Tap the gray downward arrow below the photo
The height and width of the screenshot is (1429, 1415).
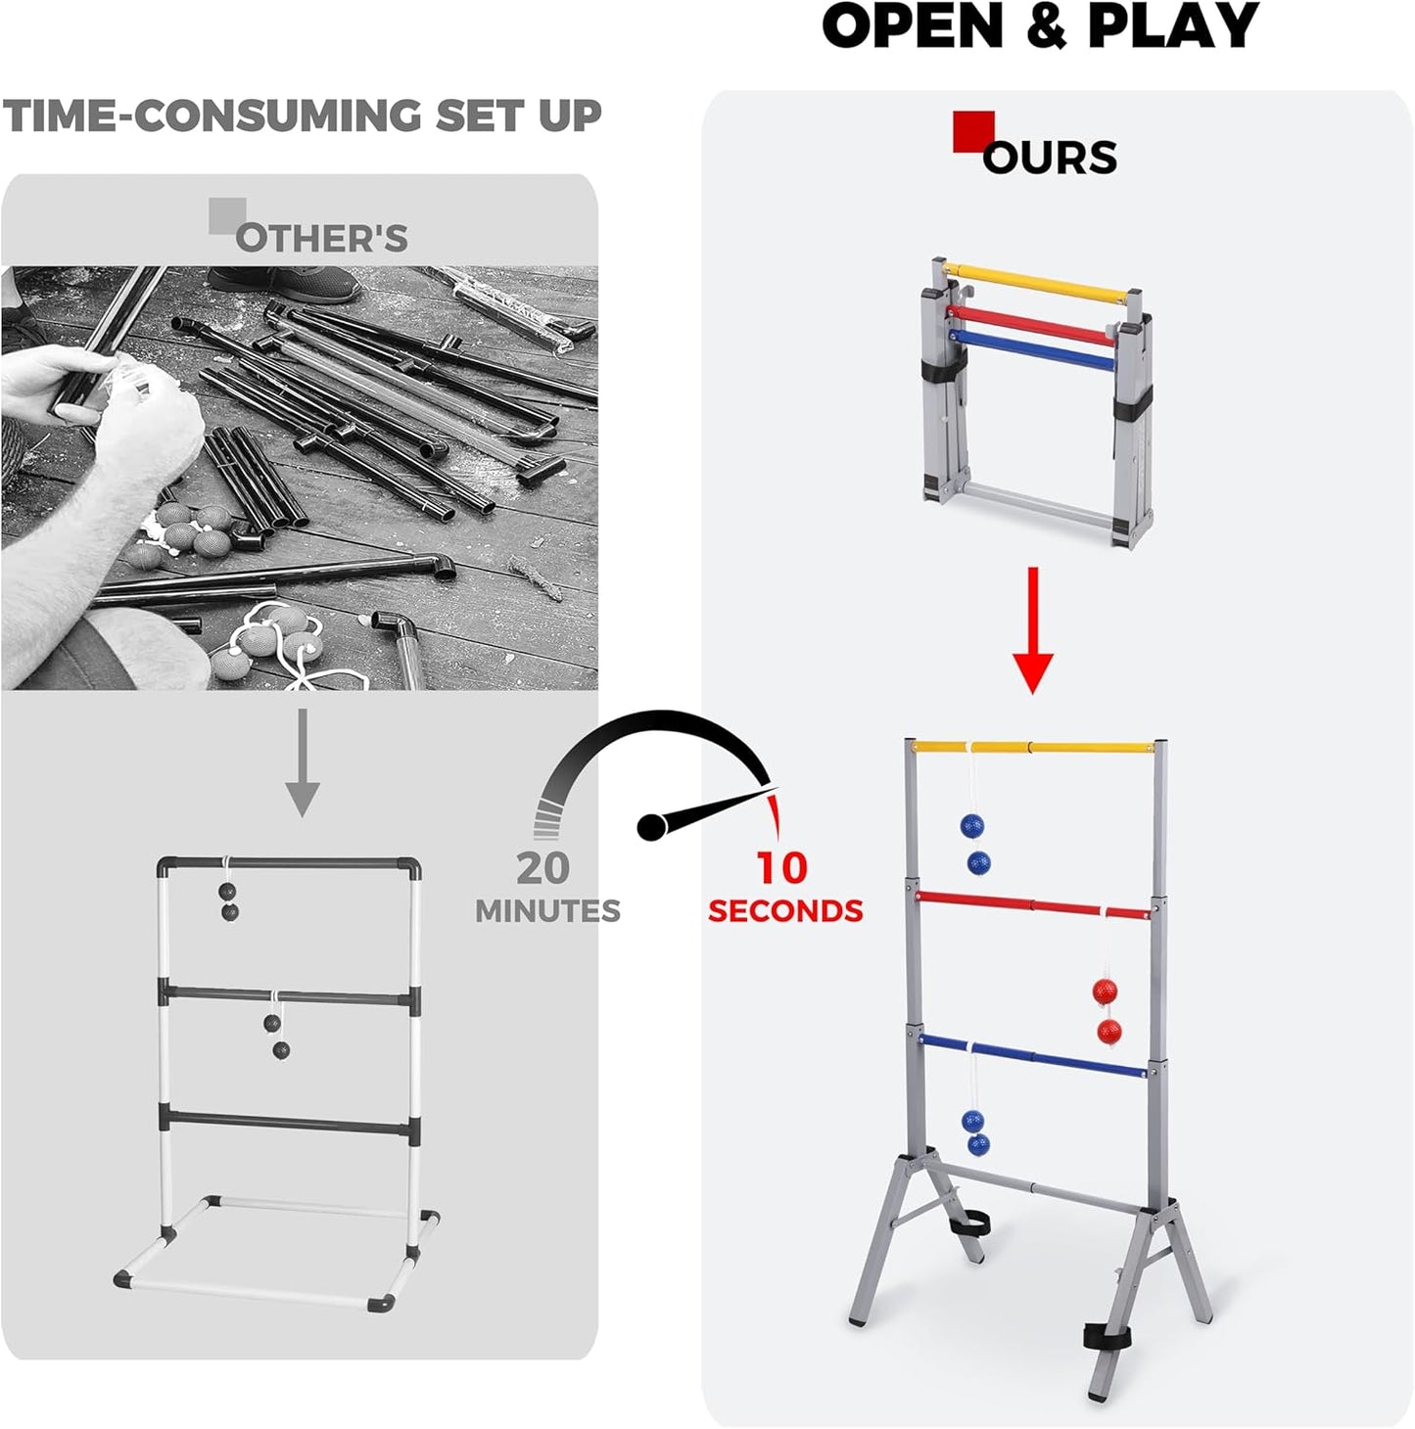[x=303, y=763]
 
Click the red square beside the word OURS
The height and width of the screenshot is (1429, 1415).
[x=973, y=131]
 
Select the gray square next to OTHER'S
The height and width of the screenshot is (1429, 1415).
[x=227, y=215]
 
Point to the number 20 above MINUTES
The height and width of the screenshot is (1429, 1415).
[x=543, y=868]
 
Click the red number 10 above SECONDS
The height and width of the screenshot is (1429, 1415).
[x=781, y=868]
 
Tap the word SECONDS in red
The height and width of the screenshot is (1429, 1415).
[x=785, y=911]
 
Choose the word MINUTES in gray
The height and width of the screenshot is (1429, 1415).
[x=547, y=911]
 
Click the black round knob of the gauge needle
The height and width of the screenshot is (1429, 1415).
[x=652, y=827]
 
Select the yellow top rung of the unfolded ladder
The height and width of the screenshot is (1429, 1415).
[x=1033, y=748]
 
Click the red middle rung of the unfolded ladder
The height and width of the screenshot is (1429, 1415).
[x=1033, y=905]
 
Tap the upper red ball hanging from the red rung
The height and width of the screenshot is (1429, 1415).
[x=1105, y=991]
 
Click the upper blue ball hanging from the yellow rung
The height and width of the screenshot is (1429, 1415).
[x=972, y=826]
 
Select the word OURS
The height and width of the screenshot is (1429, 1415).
[x=1050, y=158]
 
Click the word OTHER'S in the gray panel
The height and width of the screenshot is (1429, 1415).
[x=322, y=239]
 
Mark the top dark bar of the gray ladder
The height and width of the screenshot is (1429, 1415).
[x=290, y=865]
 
